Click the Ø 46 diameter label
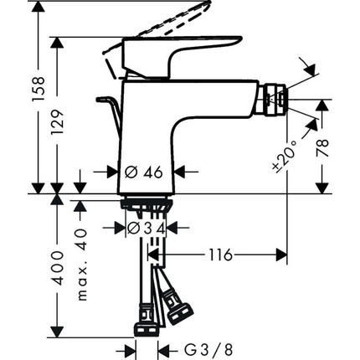pyautogui.click(x=142, y=172)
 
